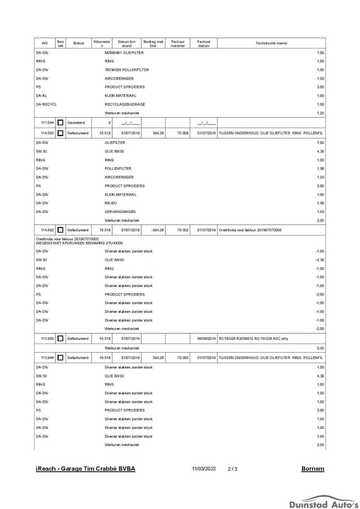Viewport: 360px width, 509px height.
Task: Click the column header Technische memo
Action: pyautogui.click(x=271, y=43)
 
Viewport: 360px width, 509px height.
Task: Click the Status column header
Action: pyautogui.click(x=78, y=43)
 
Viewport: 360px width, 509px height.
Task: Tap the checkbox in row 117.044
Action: pyautogui.click(x=60, y=122)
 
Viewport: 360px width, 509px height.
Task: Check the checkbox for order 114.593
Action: pyautogui.click(x=60, y=133)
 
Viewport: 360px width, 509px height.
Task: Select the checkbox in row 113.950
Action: pyautogui.click(x=60, y=339)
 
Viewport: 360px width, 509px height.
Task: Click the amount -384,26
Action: pyautogui.click(x=156, y=230)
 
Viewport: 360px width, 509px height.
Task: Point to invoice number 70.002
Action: pyautogui.click(x=182, y=230)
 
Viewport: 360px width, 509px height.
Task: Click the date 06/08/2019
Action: pyautogui.click(x=206, y=339)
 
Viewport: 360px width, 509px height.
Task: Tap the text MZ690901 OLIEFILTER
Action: pyautogui.click(x=124, y=52)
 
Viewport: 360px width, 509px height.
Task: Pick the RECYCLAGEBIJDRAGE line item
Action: pyautogui.click(x=125, y=104)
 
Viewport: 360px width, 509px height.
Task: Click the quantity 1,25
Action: pyautogui.click(x=321, y=113)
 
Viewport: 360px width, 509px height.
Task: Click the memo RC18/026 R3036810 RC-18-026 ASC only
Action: pyautogui.click(x=253, y=339)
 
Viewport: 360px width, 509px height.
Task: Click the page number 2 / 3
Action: pyautogui.click(x=233, y=469)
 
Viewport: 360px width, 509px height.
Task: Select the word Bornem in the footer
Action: pyautogui.click(x=313, y=469)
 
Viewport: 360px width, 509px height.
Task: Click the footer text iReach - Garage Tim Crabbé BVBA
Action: pyautogui.click(x=85, y=469)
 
